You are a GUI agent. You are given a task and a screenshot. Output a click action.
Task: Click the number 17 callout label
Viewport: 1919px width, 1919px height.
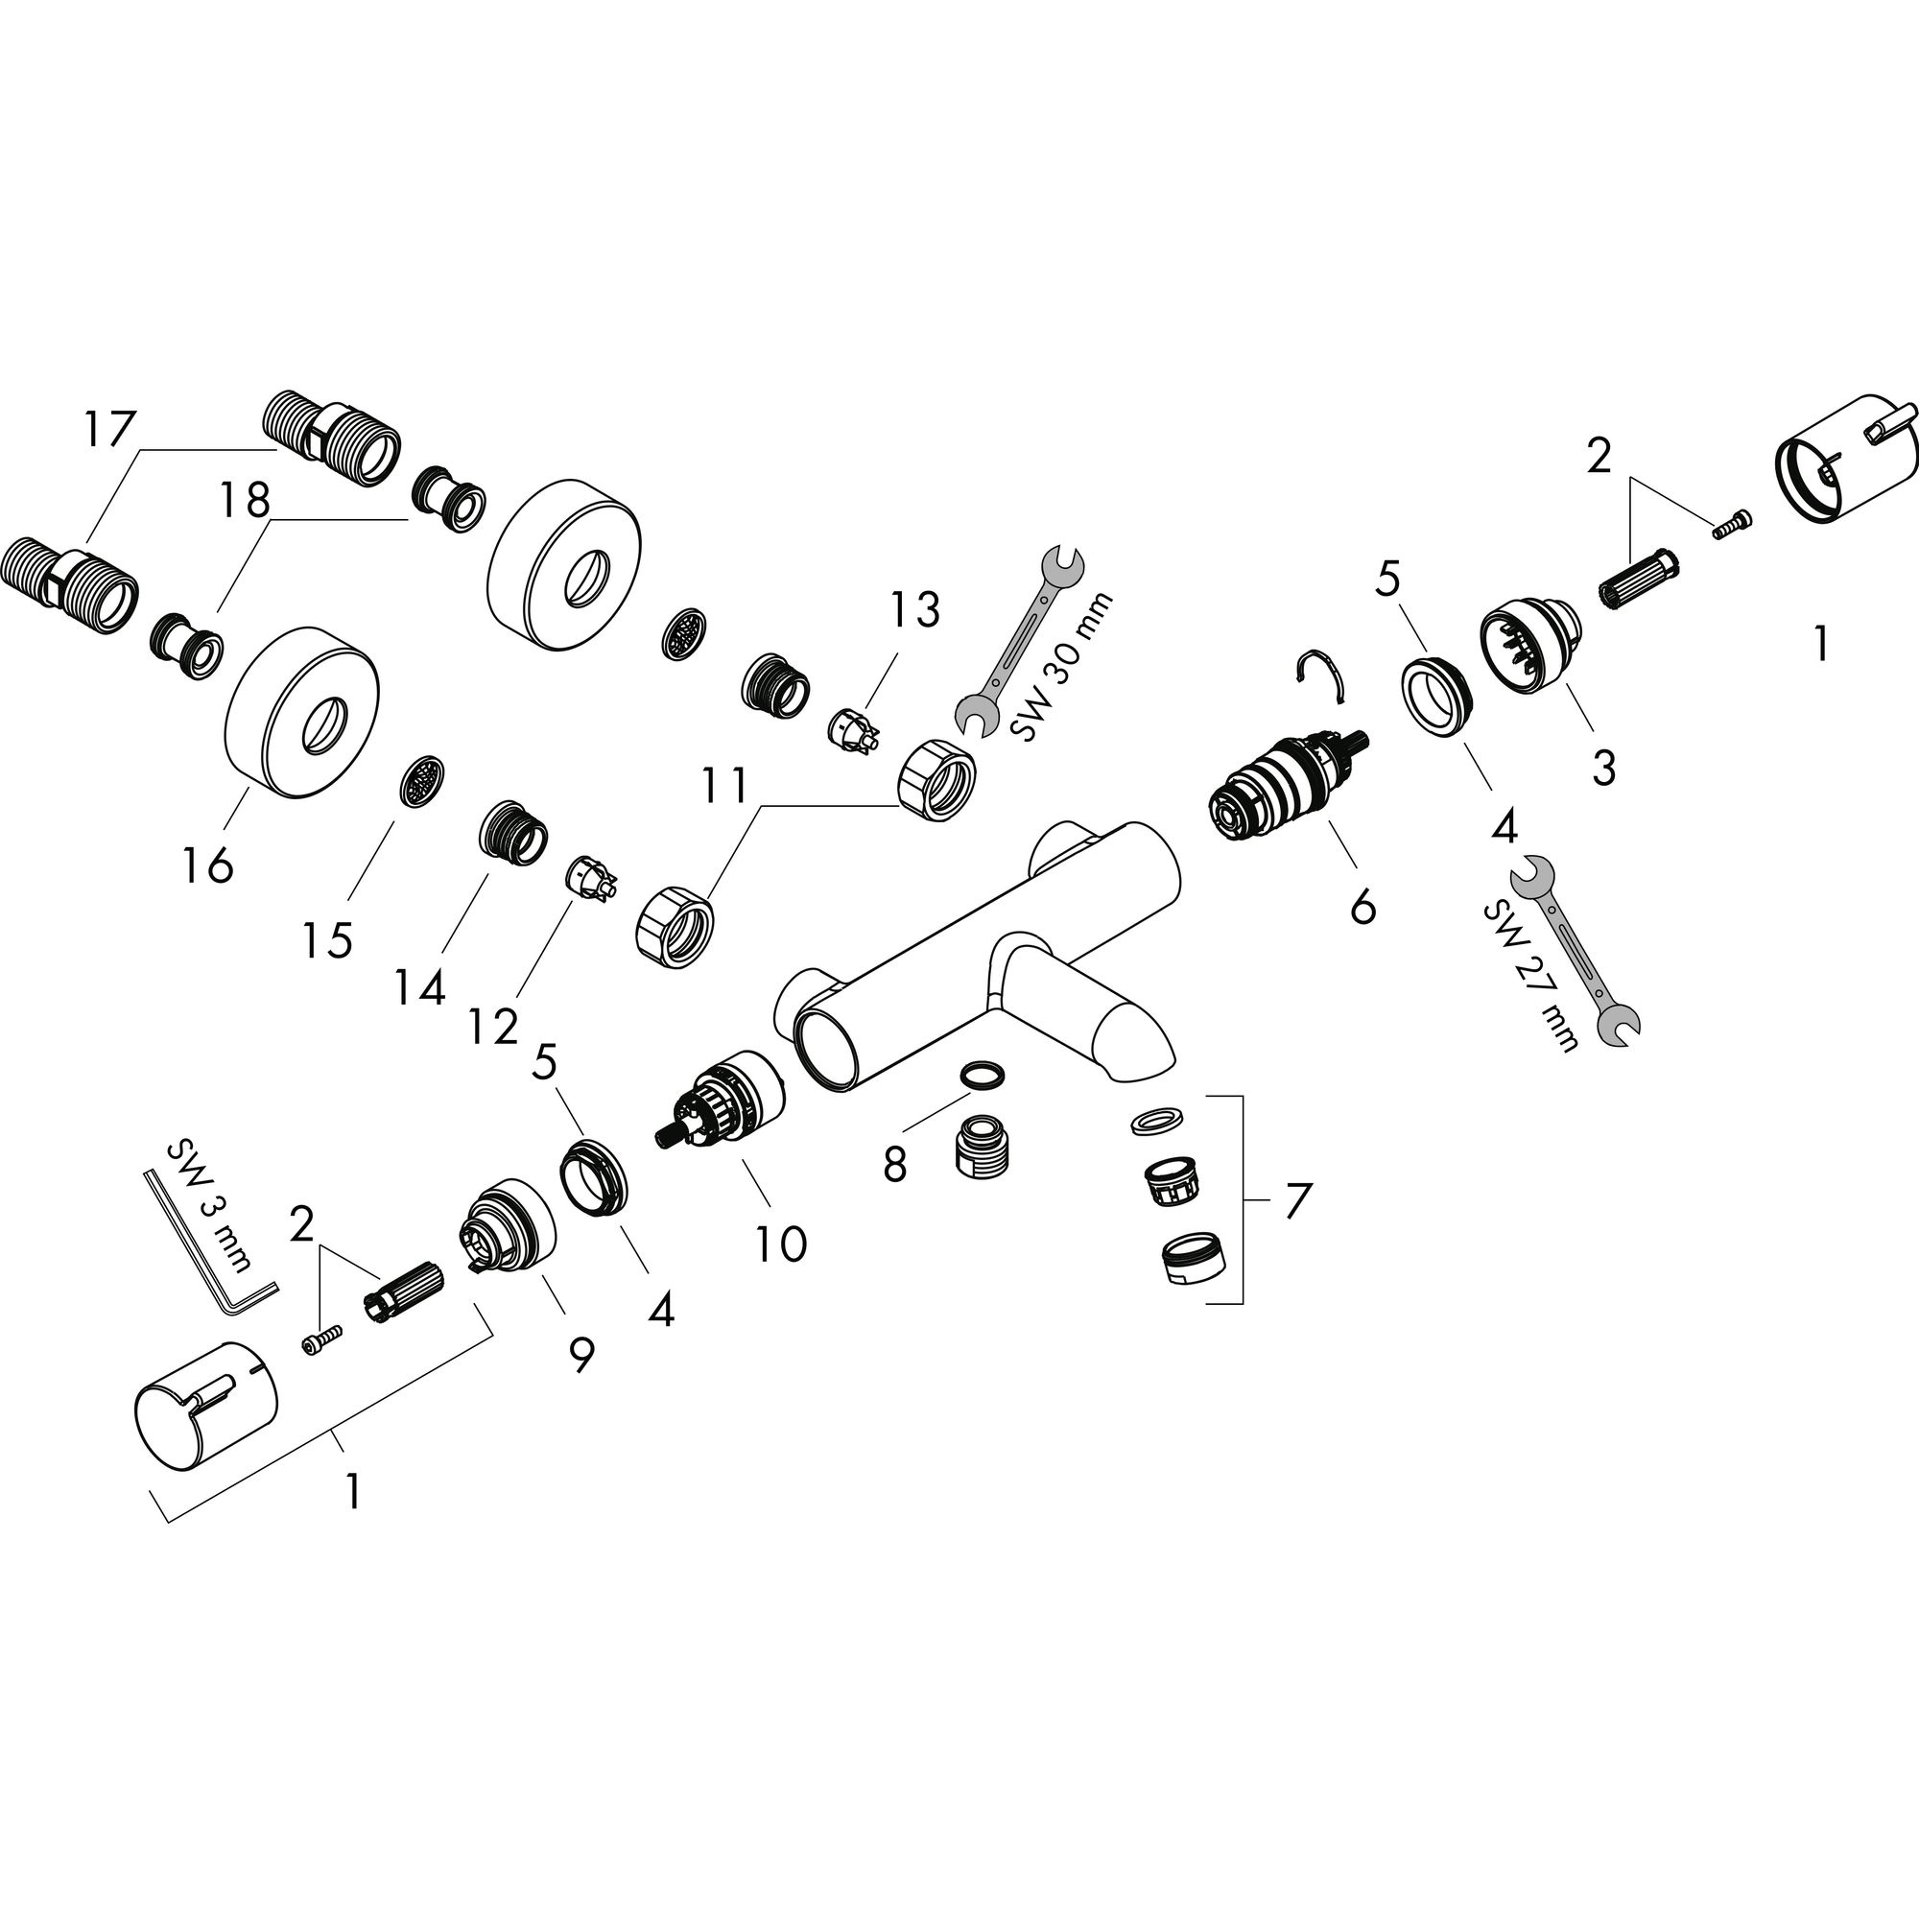[x=108, y=431]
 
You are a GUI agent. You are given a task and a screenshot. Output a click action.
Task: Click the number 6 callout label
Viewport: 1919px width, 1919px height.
[x=1362, y=906]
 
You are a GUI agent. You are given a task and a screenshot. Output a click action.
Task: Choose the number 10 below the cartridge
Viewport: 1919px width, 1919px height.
[x=781, y=1244]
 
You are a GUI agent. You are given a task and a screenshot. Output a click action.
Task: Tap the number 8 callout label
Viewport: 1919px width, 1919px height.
[x=895, y=1164]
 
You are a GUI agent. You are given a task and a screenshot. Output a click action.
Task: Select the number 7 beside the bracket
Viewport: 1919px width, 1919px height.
[x=1297, y=1200]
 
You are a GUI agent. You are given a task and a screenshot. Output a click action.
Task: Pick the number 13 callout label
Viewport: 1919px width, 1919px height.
[x=913, y=610]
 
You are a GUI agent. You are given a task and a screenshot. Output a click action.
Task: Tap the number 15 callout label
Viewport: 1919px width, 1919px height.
[x=328, y=939]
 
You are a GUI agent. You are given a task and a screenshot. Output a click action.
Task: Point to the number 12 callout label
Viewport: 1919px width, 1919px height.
[x=493, y=1026]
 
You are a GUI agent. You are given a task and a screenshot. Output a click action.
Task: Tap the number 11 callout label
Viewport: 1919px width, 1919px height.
[x=724, y=786]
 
